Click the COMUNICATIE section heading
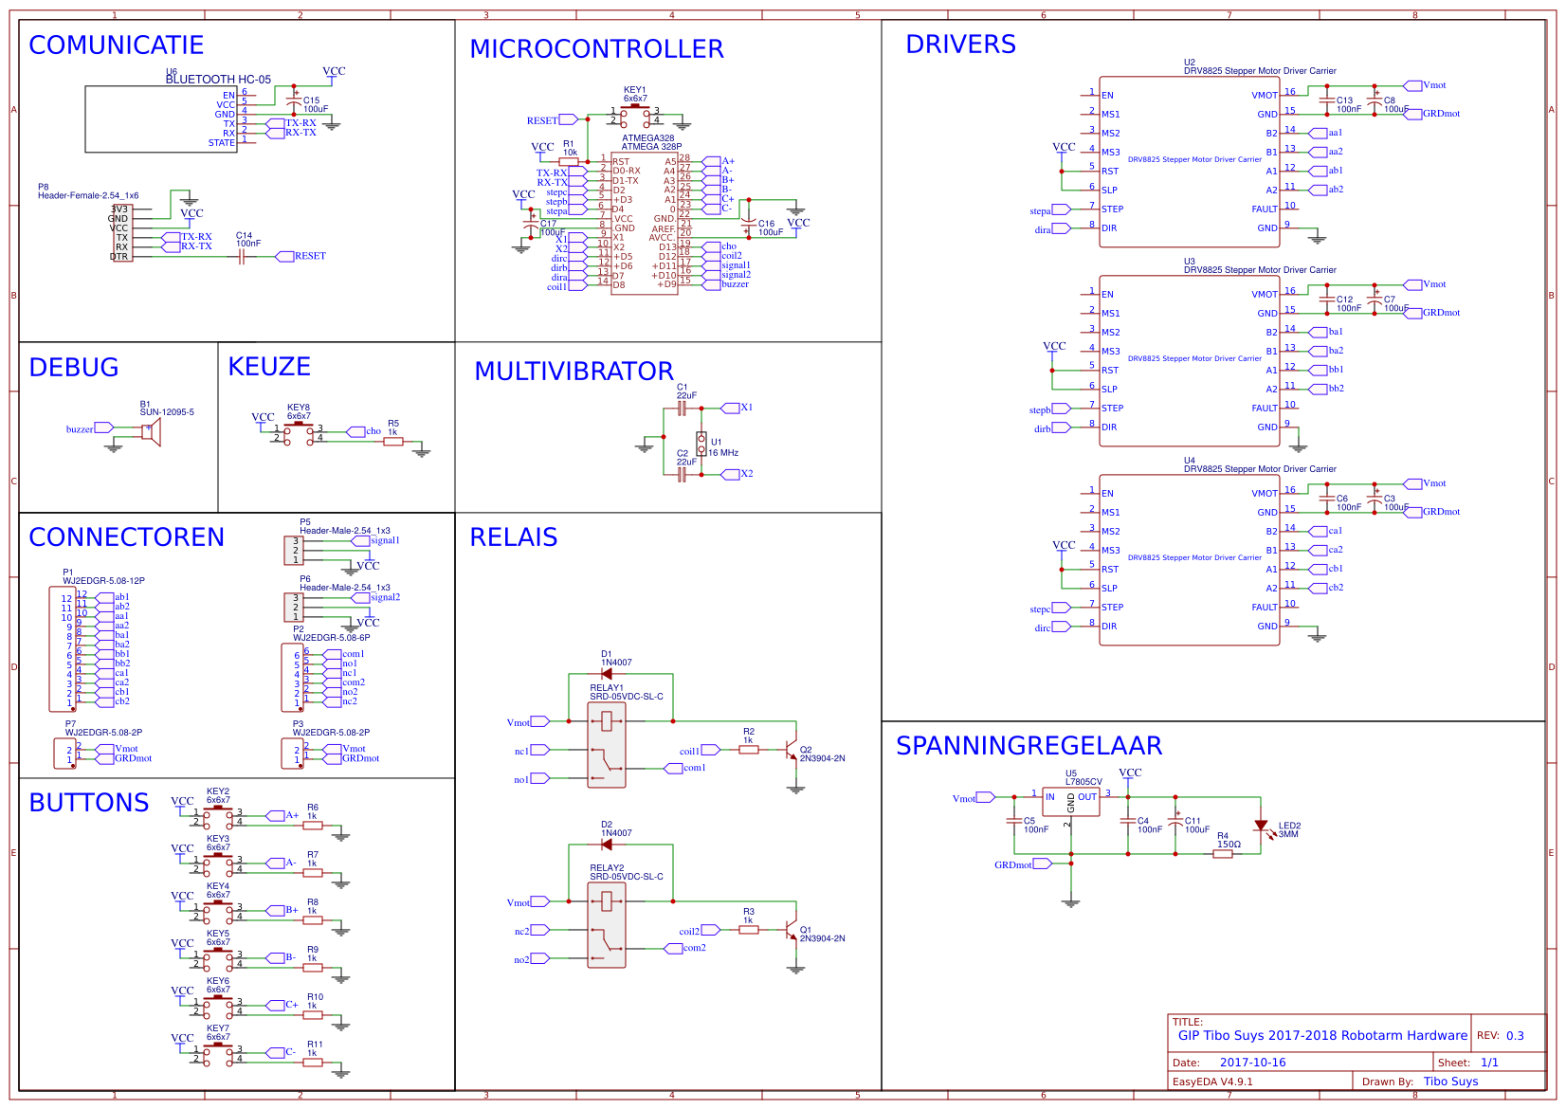[116, 45]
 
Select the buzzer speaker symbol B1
[152, 431]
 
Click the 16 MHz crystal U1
[701, 443]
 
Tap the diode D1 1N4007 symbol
[607, 674]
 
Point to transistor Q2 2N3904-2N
[792, 750]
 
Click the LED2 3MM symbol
[1261, 827]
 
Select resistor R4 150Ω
[1223, 854]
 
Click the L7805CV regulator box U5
[1070, 801]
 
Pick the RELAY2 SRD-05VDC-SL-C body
[607, 925]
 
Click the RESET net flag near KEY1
[566, 119]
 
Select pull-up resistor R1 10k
[569, 162]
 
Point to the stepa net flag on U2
[1059, 209]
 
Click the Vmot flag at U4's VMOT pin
[1412, 483]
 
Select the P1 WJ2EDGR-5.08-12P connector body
[63, 649]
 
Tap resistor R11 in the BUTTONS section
[313, 1063]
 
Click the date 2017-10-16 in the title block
[1252, 1063]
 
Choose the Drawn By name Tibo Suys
[1450, 1082]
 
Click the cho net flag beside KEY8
[357, 431]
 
